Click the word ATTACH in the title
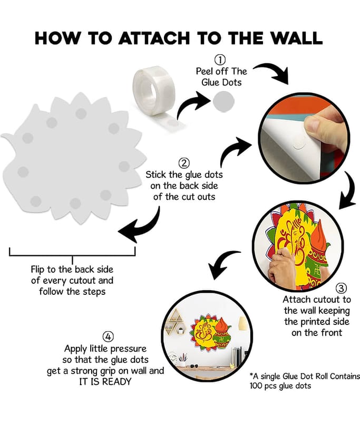154,38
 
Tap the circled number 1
220,60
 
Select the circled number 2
184,163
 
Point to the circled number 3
341,288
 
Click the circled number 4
108,337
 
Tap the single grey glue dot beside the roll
223,101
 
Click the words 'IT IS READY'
105,381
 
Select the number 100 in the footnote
256,386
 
